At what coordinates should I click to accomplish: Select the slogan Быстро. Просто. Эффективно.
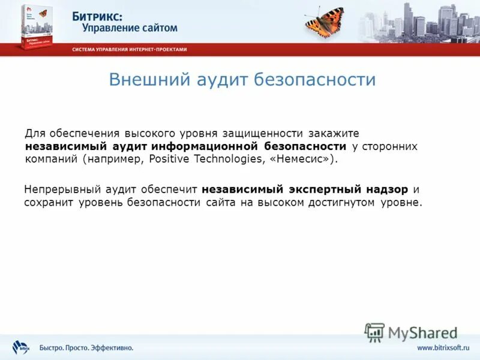coord(86,348)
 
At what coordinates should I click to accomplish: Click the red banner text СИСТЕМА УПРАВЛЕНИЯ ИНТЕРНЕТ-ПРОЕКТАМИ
coord(130,49)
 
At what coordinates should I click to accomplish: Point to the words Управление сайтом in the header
coord(125,28)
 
